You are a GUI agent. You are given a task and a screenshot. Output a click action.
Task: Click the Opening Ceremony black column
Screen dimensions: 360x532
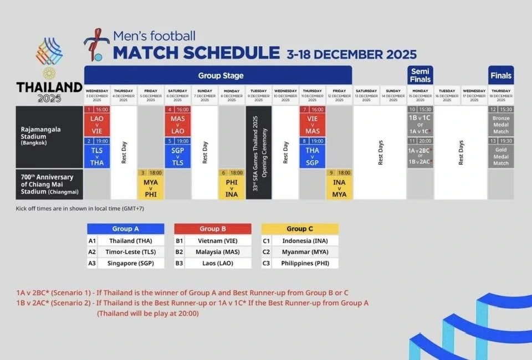click(x=259, y=152)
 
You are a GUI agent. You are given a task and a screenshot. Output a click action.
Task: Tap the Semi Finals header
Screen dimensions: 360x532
click(x=420, y=75)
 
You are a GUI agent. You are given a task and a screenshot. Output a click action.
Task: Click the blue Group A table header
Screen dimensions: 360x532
click(x=126, y=229)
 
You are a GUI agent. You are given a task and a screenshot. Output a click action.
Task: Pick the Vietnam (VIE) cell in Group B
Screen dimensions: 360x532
click(x=213, y=241)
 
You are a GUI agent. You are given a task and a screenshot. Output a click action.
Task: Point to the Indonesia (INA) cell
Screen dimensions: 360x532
click(x=300, y=241)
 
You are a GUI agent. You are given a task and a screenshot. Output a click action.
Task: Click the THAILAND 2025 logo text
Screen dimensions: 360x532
click(x=49, y=92)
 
